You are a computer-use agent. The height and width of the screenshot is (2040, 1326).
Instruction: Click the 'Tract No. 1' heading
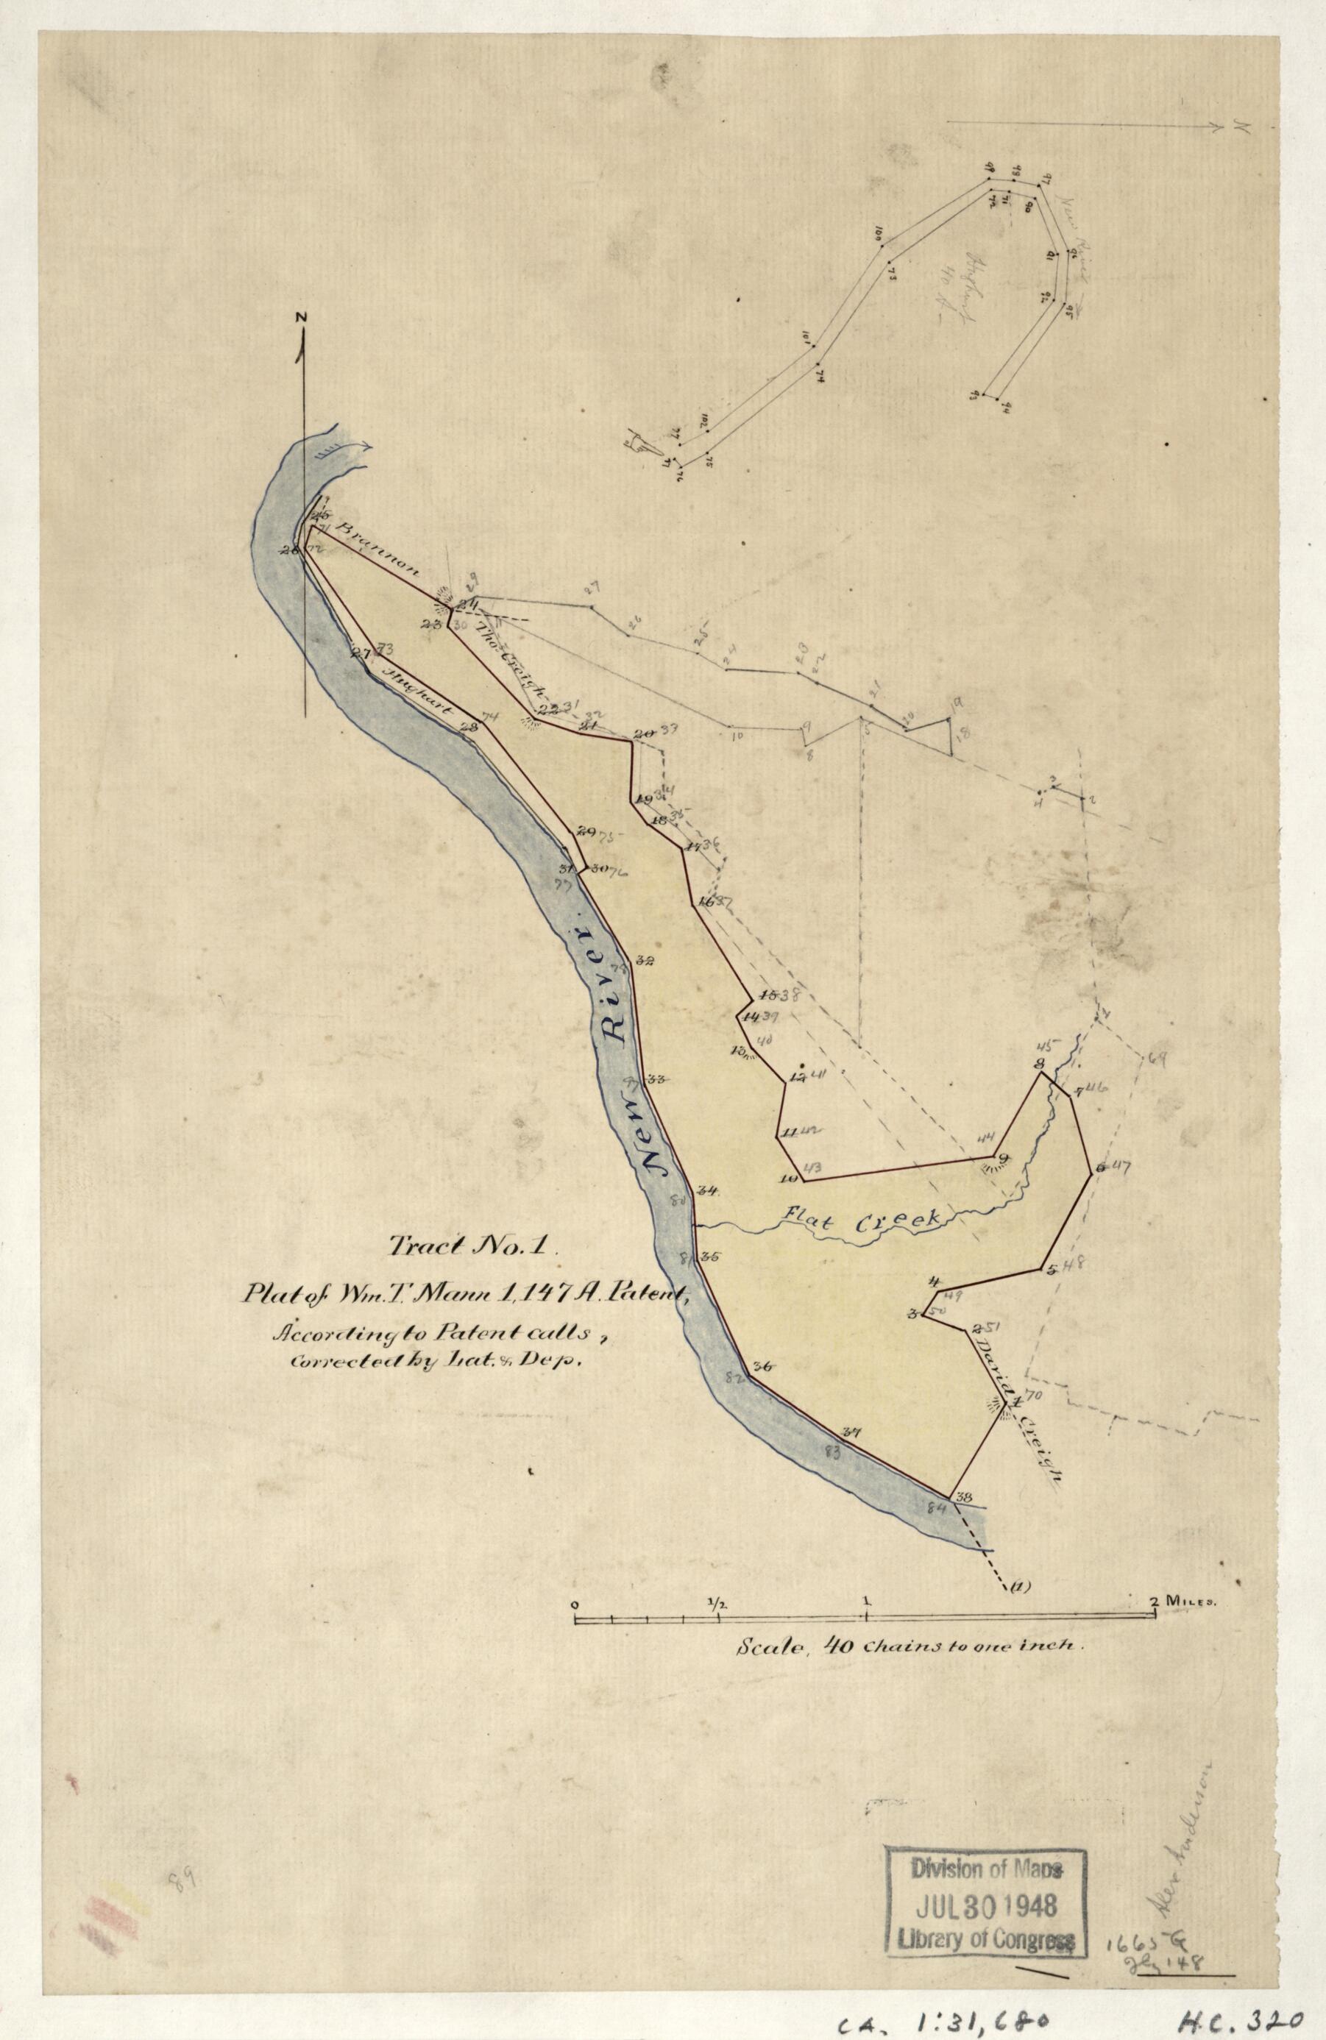(473, 1247)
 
